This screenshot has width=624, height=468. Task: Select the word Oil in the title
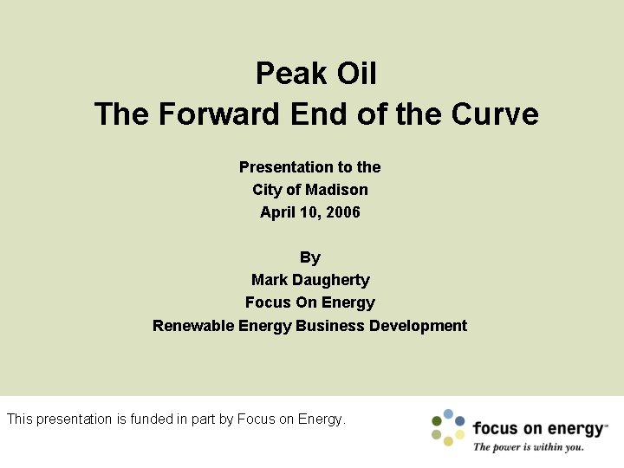click(357, 74)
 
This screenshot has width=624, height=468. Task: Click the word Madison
click(336, 190)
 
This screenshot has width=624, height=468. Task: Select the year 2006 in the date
click(342, 212)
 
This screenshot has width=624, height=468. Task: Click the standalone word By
click(310, 257)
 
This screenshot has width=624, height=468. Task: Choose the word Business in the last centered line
click(330, 326)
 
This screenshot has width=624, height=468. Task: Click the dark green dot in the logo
click(438, 421)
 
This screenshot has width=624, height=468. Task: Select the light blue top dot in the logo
click(448, 414)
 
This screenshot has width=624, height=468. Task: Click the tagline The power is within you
click(528, 447)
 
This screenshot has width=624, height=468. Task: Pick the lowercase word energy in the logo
click(575, 429)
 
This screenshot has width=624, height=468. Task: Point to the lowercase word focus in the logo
click(495, 428)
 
